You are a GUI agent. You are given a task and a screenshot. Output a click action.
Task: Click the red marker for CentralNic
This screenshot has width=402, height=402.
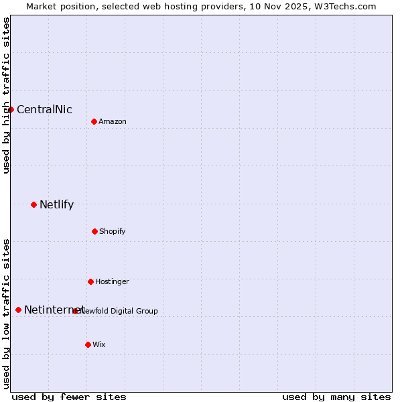(11, 109)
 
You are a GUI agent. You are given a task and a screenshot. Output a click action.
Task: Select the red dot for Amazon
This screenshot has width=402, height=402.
(94, 121)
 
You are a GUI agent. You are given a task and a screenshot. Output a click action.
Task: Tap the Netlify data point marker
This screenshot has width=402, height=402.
(33, 204)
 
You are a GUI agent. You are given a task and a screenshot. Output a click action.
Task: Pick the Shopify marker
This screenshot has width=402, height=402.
(94, 231)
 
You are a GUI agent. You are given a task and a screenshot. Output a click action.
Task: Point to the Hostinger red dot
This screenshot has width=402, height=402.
(90, 281)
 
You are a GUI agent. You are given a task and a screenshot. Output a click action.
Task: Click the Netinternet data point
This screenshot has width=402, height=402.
(18, 310)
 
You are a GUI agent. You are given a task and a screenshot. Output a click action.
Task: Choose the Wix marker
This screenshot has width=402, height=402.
(88, 344)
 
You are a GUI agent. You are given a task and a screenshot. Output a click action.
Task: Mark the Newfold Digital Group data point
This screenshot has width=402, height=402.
(75, 311)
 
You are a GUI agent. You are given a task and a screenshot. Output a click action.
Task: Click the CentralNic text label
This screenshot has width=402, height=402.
(44, 110)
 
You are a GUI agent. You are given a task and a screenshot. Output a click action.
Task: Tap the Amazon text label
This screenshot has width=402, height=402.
(113, 122)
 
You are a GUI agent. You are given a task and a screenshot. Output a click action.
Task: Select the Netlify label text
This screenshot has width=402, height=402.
(56, 205)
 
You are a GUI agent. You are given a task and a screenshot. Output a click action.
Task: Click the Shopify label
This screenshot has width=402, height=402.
(113, 232)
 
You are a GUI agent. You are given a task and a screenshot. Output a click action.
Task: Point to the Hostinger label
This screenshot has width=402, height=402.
(112, 282)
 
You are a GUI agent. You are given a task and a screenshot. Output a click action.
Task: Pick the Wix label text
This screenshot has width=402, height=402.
(99, 345)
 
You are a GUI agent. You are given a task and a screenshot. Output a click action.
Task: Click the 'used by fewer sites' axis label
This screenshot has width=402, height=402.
(69, 397)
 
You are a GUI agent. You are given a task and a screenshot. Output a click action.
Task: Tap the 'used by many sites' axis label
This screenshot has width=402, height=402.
(336, 397)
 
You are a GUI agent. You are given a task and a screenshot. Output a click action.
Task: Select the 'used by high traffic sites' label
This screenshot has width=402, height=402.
(6, 96)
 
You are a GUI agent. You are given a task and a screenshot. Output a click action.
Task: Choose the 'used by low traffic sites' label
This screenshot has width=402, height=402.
(6, 314)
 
